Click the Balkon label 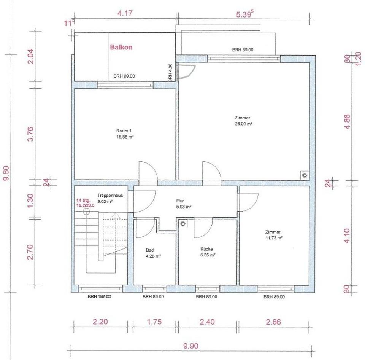(x=121, y=48)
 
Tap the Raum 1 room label (x=124, y=131)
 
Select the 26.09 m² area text (x=244, y=124)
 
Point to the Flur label (x=180, y=201)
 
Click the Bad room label (x=149, y=250)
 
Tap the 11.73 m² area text (x=275, y=238)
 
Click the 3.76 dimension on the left (x=31, y=134)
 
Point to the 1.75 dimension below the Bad (x=154, y=322)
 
